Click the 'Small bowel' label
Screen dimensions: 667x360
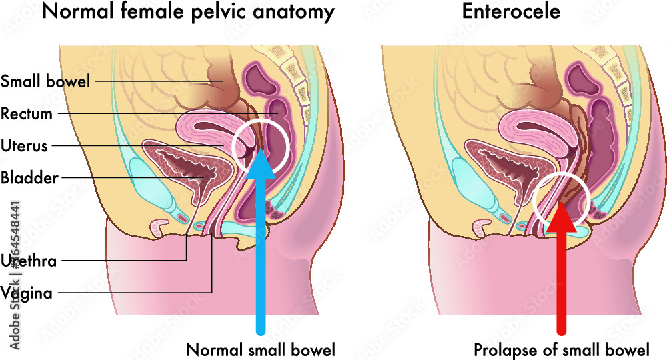coord(45,81)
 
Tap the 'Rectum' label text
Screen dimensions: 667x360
coord(27,113)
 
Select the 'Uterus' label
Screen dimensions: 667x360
coord(24,146)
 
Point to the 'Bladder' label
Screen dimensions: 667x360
coord(29,177)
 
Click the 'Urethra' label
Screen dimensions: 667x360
coord(29,261)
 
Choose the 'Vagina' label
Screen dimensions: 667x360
coord(27,293)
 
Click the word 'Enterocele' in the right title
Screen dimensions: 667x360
coord(511,11)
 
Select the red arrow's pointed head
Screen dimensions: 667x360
coord(561,217)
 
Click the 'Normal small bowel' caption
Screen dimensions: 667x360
coord(261,350)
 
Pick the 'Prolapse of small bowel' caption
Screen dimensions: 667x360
coord(562,350)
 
